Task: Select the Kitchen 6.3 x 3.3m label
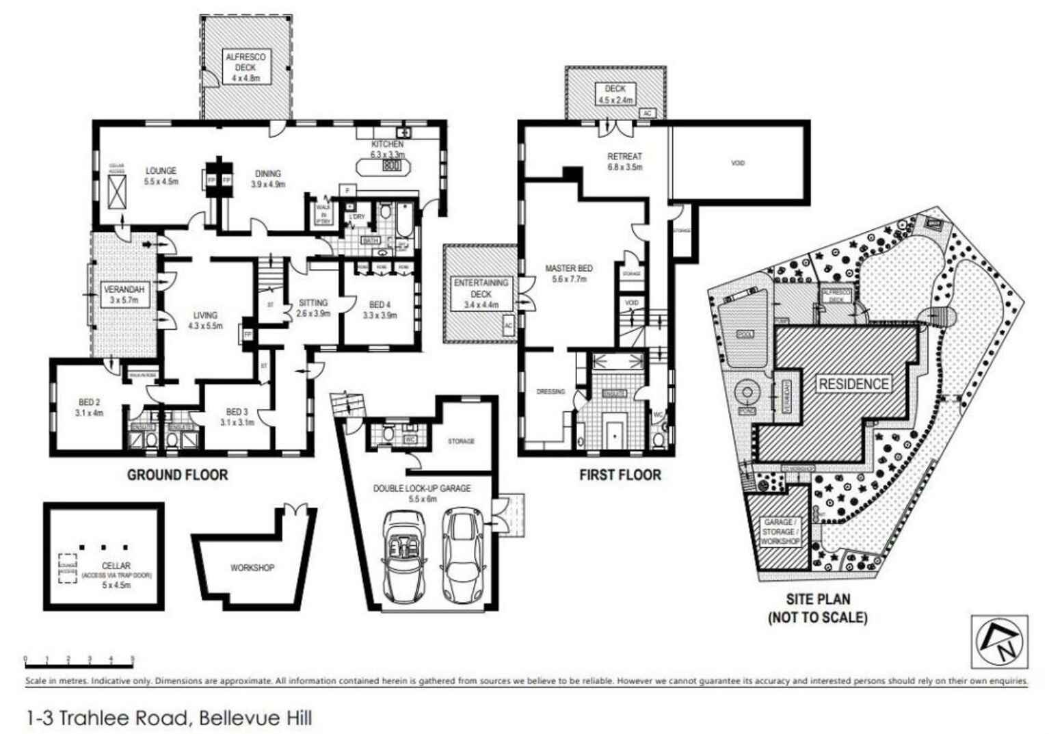[387, 149]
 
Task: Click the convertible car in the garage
[404, 554]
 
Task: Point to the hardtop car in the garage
[464, 554]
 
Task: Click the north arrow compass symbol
[999, 642]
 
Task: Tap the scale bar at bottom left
[79, 661]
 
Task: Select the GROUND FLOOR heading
[177, 475]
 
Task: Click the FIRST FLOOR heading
[620, 475]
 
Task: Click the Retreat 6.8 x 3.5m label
[624, 161]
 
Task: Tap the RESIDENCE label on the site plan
[853, 384]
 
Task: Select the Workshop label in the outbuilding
[252, 568]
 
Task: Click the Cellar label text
[116, 566]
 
